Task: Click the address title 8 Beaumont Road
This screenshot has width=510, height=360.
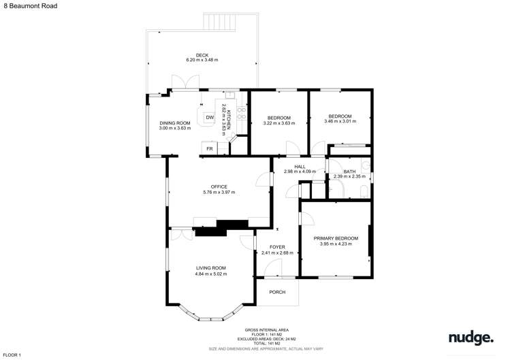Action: [x=29, y=5]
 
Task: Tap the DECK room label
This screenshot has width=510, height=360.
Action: [x=202, y=55]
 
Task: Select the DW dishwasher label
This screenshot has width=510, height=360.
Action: [x=209, y=117]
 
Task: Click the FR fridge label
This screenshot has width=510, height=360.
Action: [x=209, y=148]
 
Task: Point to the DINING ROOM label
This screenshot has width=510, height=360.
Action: [x=174, y=122]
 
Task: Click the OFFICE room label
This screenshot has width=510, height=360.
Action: [x=219, y=186]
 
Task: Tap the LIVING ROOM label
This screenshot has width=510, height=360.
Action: [x=210, y=268]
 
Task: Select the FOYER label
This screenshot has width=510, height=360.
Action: [x=276, y=246]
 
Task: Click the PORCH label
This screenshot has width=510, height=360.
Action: [x=277, y=292]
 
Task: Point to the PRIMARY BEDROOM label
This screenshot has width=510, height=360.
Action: [x=336, y=238]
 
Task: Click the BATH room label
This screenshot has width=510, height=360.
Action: [x=349, y=171]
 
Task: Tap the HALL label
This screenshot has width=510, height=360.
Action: [x=300, y=166]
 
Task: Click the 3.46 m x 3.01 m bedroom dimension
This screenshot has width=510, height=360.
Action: [x=340, y=121]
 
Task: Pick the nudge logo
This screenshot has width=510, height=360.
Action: [x=471, y=338]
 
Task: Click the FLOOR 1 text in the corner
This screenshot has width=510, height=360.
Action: [x=12, y=355]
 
